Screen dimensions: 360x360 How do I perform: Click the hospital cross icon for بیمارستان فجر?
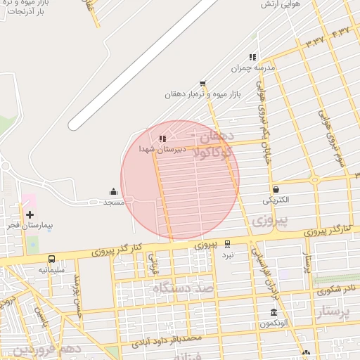[30, 214]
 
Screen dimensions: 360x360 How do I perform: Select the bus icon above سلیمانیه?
[51, 259]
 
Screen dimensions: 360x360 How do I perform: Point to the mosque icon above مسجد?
[113, 191]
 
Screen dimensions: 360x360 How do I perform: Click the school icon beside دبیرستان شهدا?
[162, 139]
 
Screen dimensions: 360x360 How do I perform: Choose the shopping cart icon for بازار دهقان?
[202, 83]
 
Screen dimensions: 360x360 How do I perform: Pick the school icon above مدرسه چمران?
[252, 58]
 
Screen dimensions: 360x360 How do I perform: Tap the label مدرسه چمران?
[251, 69]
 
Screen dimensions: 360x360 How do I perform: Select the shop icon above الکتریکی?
[276, 189]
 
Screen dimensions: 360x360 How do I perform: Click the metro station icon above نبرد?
[227, 244]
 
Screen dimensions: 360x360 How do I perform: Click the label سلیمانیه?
[52, 270]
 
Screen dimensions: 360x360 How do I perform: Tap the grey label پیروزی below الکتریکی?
[262, 220]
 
